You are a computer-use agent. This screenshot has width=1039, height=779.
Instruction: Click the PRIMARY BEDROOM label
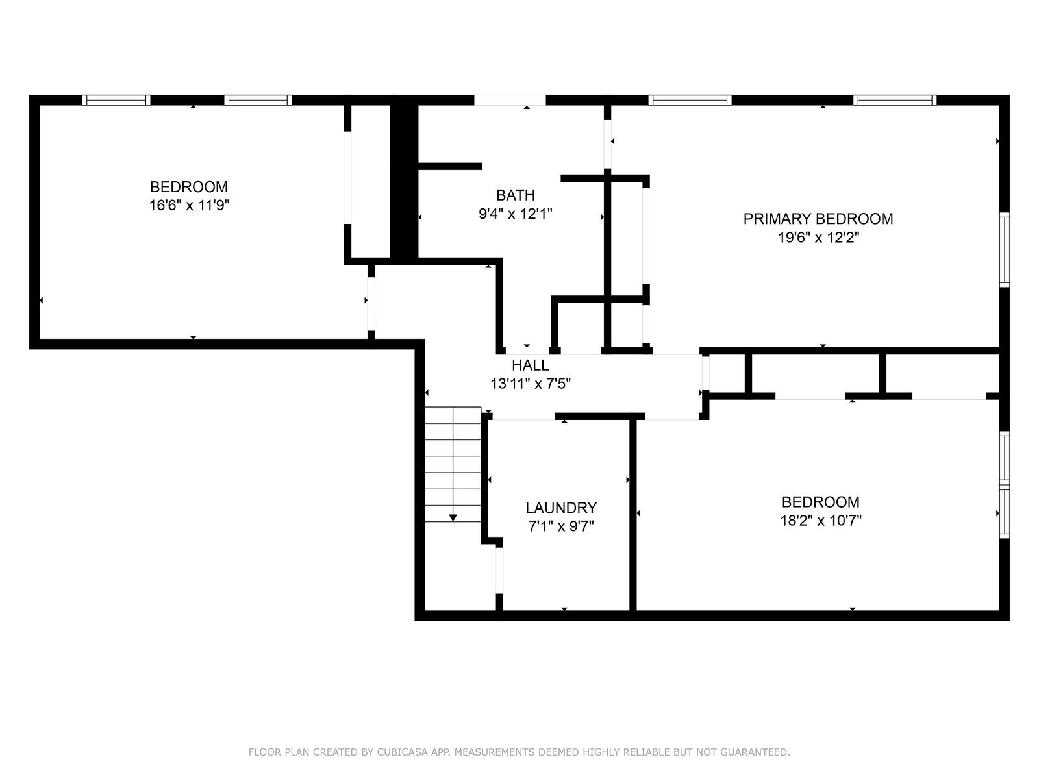818,219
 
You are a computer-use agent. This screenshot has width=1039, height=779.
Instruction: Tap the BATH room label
515,195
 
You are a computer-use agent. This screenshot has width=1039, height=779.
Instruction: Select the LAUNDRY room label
561,508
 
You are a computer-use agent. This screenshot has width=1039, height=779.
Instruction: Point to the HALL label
530,365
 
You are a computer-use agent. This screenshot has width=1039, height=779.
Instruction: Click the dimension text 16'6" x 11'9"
189,205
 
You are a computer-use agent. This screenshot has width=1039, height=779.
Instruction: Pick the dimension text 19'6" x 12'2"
818,237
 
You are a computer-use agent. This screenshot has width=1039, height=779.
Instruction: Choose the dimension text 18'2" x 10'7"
820,520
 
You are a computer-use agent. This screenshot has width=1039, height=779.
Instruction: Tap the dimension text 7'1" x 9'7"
561,526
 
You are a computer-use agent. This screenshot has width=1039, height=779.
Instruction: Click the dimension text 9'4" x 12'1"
516,214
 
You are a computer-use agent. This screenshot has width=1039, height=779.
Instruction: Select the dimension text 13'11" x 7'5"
530,383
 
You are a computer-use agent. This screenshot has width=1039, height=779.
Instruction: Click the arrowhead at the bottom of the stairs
453,517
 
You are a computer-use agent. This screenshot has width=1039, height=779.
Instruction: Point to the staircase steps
453,464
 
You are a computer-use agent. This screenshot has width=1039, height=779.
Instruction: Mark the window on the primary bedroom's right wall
1004,250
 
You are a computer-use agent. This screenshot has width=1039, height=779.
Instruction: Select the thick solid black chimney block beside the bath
404,182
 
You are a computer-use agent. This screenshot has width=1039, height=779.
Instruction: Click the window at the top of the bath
510,100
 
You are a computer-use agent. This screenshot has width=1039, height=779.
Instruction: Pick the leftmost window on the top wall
116,100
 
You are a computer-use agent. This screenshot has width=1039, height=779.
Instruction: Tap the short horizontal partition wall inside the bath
449,166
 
